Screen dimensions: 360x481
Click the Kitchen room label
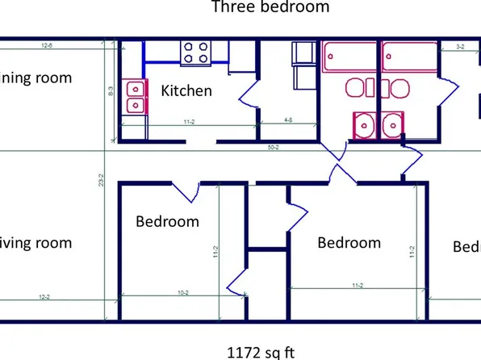[186, 90]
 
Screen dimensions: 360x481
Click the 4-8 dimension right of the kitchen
[288, 119]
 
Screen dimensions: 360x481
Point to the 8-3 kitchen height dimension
[111, 94]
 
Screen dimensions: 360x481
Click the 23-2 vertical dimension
[100, 182]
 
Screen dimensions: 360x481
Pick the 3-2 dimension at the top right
[459, 47]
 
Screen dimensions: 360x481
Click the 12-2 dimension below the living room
[43, 297]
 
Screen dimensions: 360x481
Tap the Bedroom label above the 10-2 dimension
[167, 221]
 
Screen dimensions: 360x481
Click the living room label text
[36, 243]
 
